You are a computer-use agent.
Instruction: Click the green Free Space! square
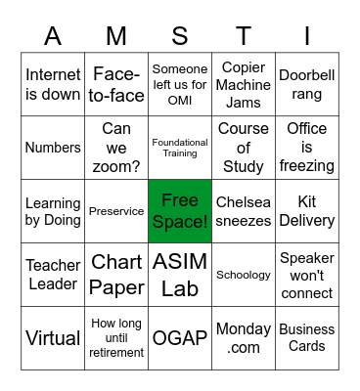[180, 211]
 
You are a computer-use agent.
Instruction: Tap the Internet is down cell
[53, 84]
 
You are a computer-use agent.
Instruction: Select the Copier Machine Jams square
[244, 84]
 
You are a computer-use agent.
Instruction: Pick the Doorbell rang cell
[307, 84]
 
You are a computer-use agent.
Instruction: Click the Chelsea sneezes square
[244, 211]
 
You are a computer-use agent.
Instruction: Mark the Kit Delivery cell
[307, 211]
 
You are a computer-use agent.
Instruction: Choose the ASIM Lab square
[180, 275]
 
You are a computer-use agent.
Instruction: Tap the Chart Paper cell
[116, 275]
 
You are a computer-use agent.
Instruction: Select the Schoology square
[244, 275]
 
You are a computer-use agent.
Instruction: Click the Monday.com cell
[244, 338]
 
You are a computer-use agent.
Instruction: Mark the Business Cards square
[307, 338]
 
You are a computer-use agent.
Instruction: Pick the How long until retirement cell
[116, 338]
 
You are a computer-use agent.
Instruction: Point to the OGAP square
[180, 338]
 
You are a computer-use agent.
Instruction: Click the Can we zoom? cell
[116, 148]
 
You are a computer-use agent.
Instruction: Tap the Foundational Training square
[180, 148]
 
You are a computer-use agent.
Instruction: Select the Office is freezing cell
[307, 148]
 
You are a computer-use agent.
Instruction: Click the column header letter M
[116, 36]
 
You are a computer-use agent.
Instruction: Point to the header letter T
[244, 36]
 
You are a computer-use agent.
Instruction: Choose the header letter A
[53, 36]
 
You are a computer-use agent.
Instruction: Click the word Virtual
[53, 338]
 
